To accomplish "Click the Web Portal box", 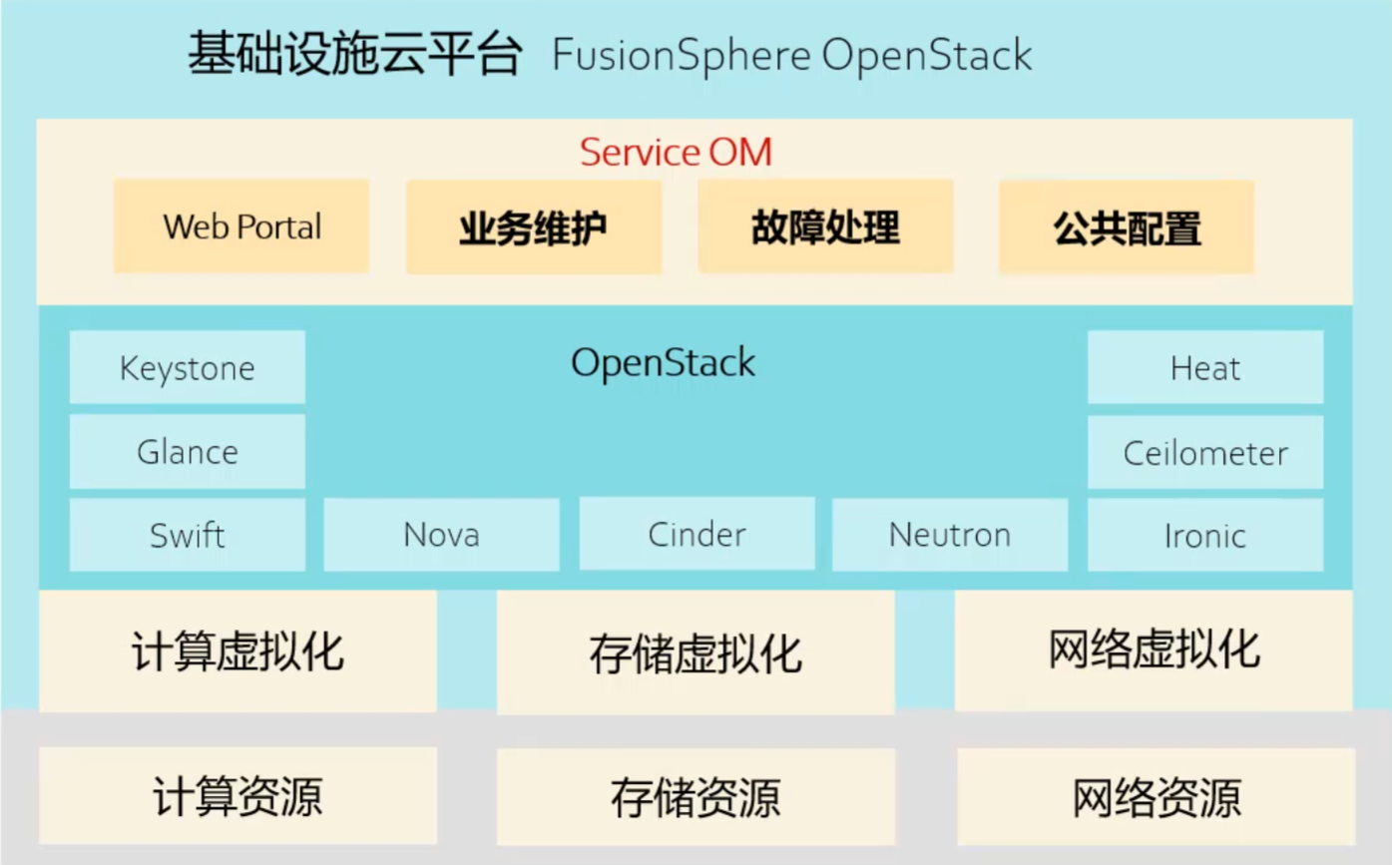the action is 241,226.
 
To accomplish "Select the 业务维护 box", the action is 534,226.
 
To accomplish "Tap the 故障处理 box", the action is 825,226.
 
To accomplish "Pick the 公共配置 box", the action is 1127,227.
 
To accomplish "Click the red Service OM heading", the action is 677,153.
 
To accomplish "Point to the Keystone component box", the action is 187,367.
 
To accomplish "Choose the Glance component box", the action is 187,452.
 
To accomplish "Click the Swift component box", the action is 187,535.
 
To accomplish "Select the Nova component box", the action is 441,534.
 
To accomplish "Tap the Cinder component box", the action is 696,533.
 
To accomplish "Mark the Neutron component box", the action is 950,534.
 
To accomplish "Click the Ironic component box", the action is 1205,535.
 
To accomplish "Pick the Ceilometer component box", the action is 1205,452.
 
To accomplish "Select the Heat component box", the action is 1205,367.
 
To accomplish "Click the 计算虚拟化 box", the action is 238,651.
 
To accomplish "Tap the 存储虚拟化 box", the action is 696,652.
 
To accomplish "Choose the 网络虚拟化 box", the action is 1154,650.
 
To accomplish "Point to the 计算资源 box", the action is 238,796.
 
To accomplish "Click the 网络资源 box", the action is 1156,797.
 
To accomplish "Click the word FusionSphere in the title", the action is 682,55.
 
